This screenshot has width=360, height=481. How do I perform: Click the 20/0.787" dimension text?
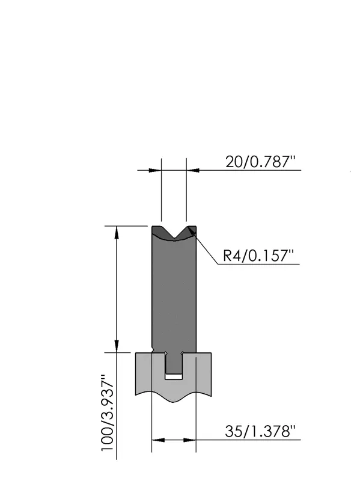(260, 162)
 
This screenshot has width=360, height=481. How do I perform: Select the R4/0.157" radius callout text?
(258, 255)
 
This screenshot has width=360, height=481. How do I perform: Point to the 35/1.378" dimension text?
(260, 431)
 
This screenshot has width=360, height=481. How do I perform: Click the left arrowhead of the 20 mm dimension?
(155, 170)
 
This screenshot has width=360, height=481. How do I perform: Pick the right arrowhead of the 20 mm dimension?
(192, 170)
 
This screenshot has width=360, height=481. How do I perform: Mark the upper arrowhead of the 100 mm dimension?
(116, 232)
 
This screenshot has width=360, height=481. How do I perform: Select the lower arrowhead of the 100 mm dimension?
(116, 346)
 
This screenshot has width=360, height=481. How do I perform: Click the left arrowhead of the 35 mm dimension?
(158, 440)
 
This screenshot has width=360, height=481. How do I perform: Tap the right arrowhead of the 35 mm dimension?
(190, 440)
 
